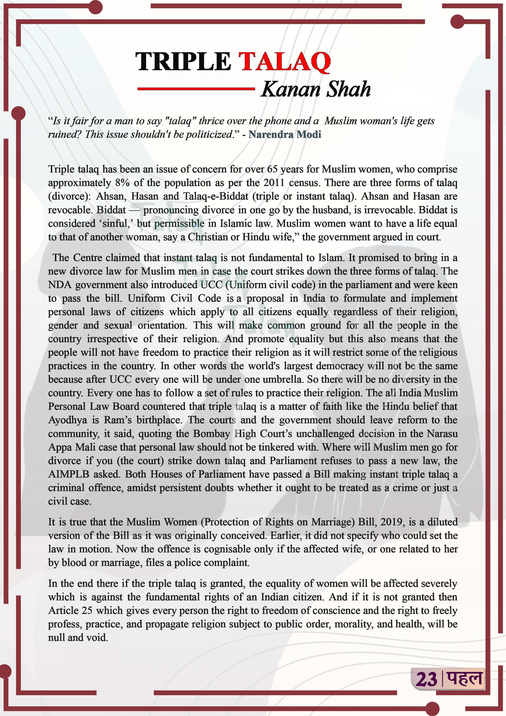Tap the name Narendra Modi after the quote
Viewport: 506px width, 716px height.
click(x=285, y=135)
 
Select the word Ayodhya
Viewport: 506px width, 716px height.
click(x=68, y=420)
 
